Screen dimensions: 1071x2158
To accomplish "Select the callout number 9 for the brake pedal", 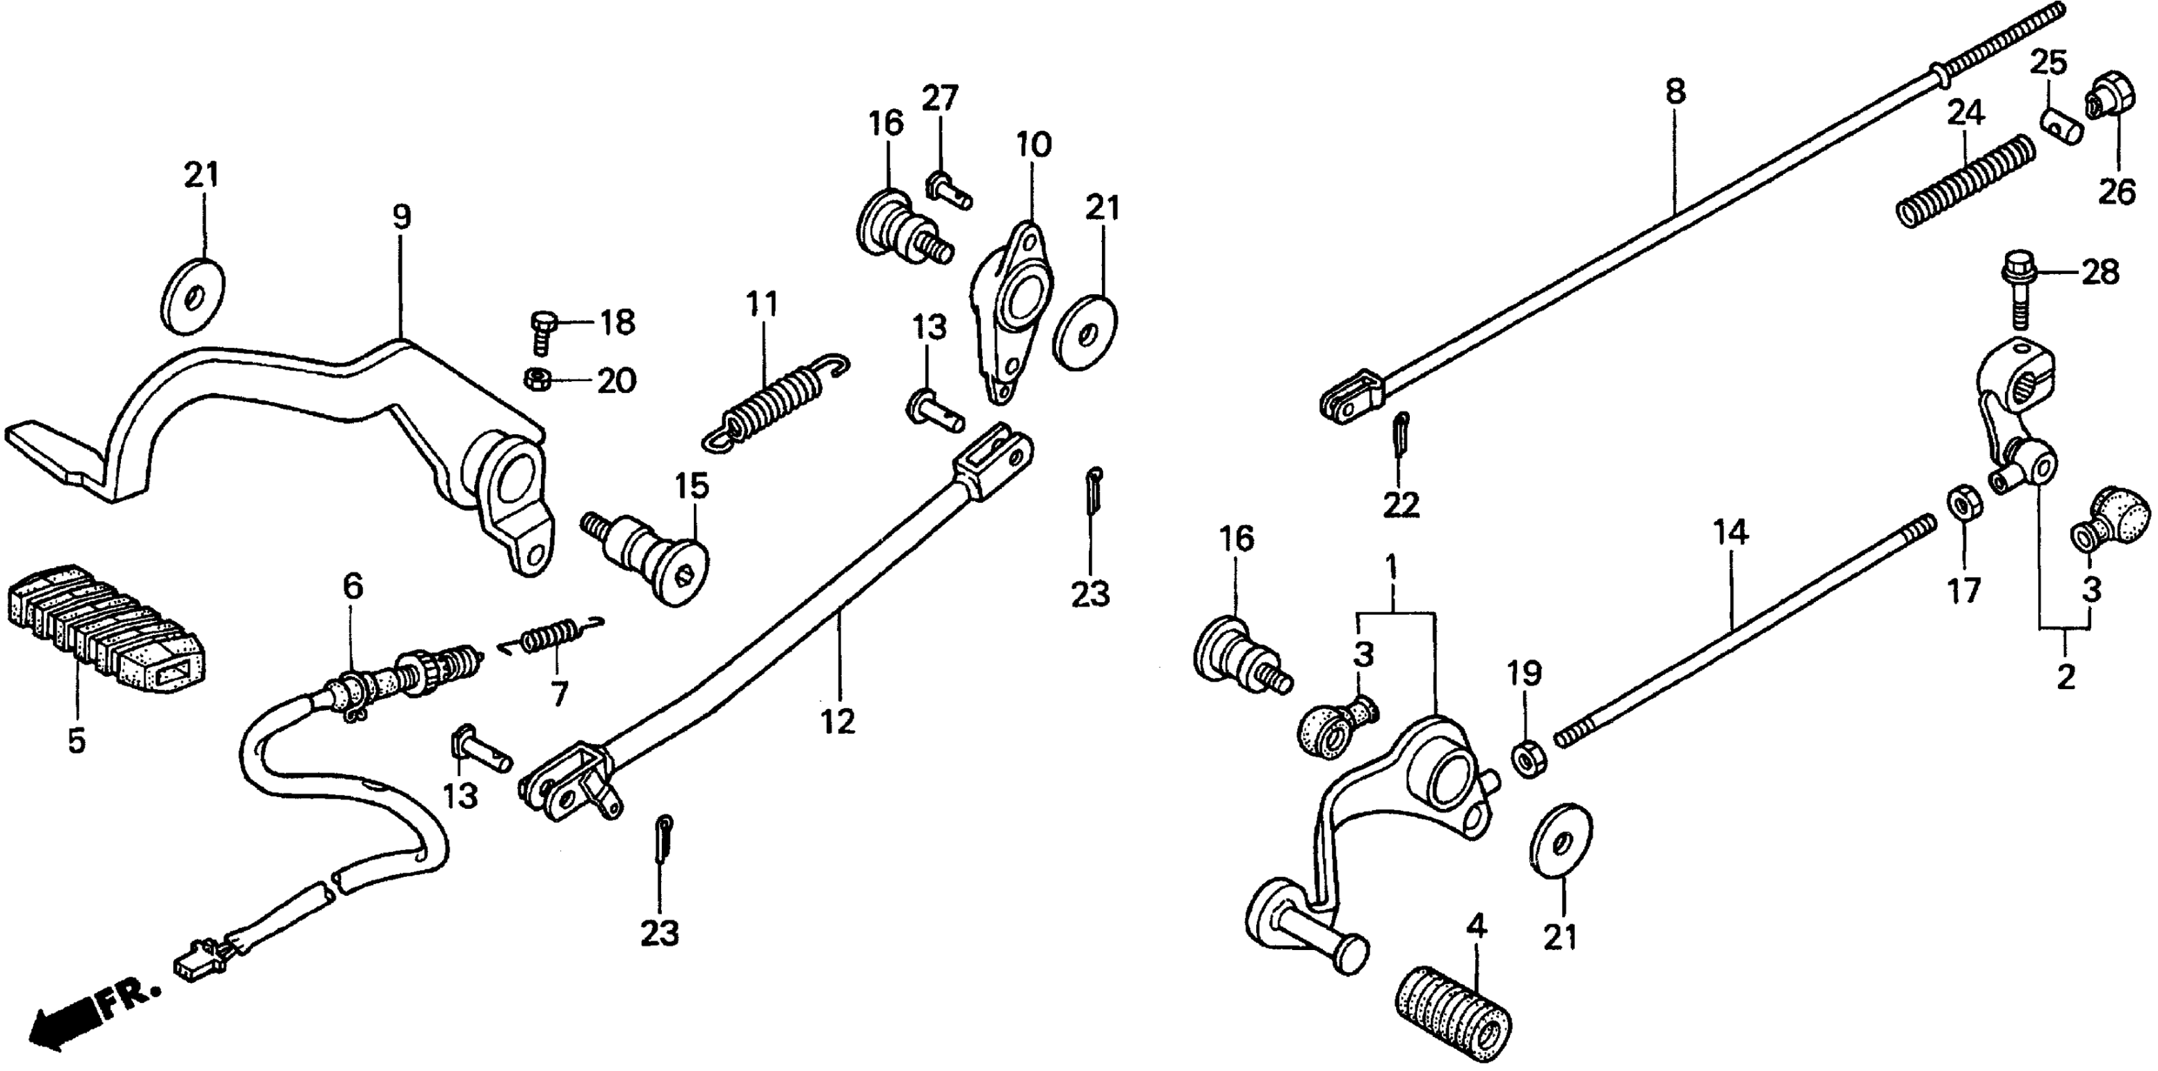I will click(x=402, y=218).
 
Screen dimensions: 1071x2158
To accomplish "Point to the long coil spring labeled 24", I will click(x=1960, y=181).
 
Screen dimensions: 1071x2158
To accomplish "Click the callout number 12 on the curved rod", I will click(x=838, y=721).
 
